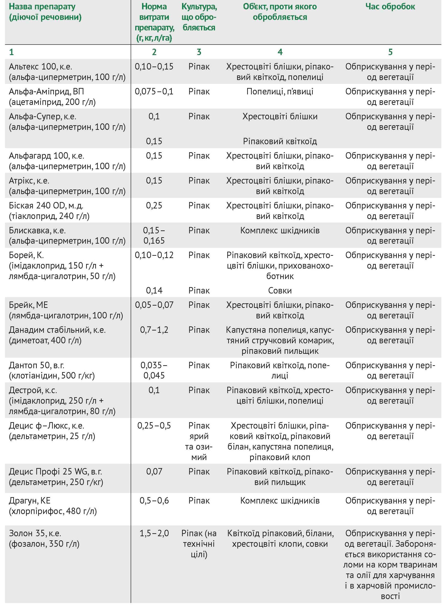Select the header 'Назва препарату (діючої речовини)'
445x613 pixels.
tap(45, 12)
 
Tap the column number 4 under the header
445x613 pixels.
tap(280, 52)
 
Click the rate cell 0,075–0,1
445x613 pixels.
tap(154, 91)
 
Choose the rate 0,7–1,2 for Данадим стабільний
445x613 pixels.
tap(154, 330)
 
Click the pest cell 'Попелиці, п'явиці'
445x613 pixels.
tap(280, 91)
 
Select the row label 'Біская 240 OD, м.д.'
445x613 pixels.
tap(46, 205)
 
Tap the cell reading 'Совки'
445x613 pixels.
tap(280, 291)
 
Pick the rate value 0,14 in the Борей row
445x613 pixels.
tap(154, 291)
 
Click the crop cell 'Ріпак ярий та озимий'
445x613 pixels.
tap(199, 441)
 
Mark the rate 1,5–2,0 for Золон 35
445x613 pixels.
tap(154, 533)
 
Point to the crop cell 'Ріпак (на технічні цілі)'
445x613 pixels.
tap(199, 544)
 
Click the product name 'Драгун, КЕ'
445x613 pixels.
tap(30, 501)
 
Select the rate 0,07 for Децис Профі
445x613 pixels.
tap(154, 472)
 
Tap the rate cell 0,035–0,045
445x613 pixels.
tap(154, 370)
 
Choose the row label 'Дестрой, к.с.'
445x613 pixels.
tap(33, 390)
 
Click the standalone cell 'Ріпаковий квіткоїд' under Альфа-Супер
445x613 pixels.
tap(280, 141)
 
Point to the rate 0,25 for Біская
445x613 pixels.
tap(154, 205)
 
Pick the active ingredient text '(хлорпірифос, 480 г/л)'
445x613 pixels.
tap(53, 511)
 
